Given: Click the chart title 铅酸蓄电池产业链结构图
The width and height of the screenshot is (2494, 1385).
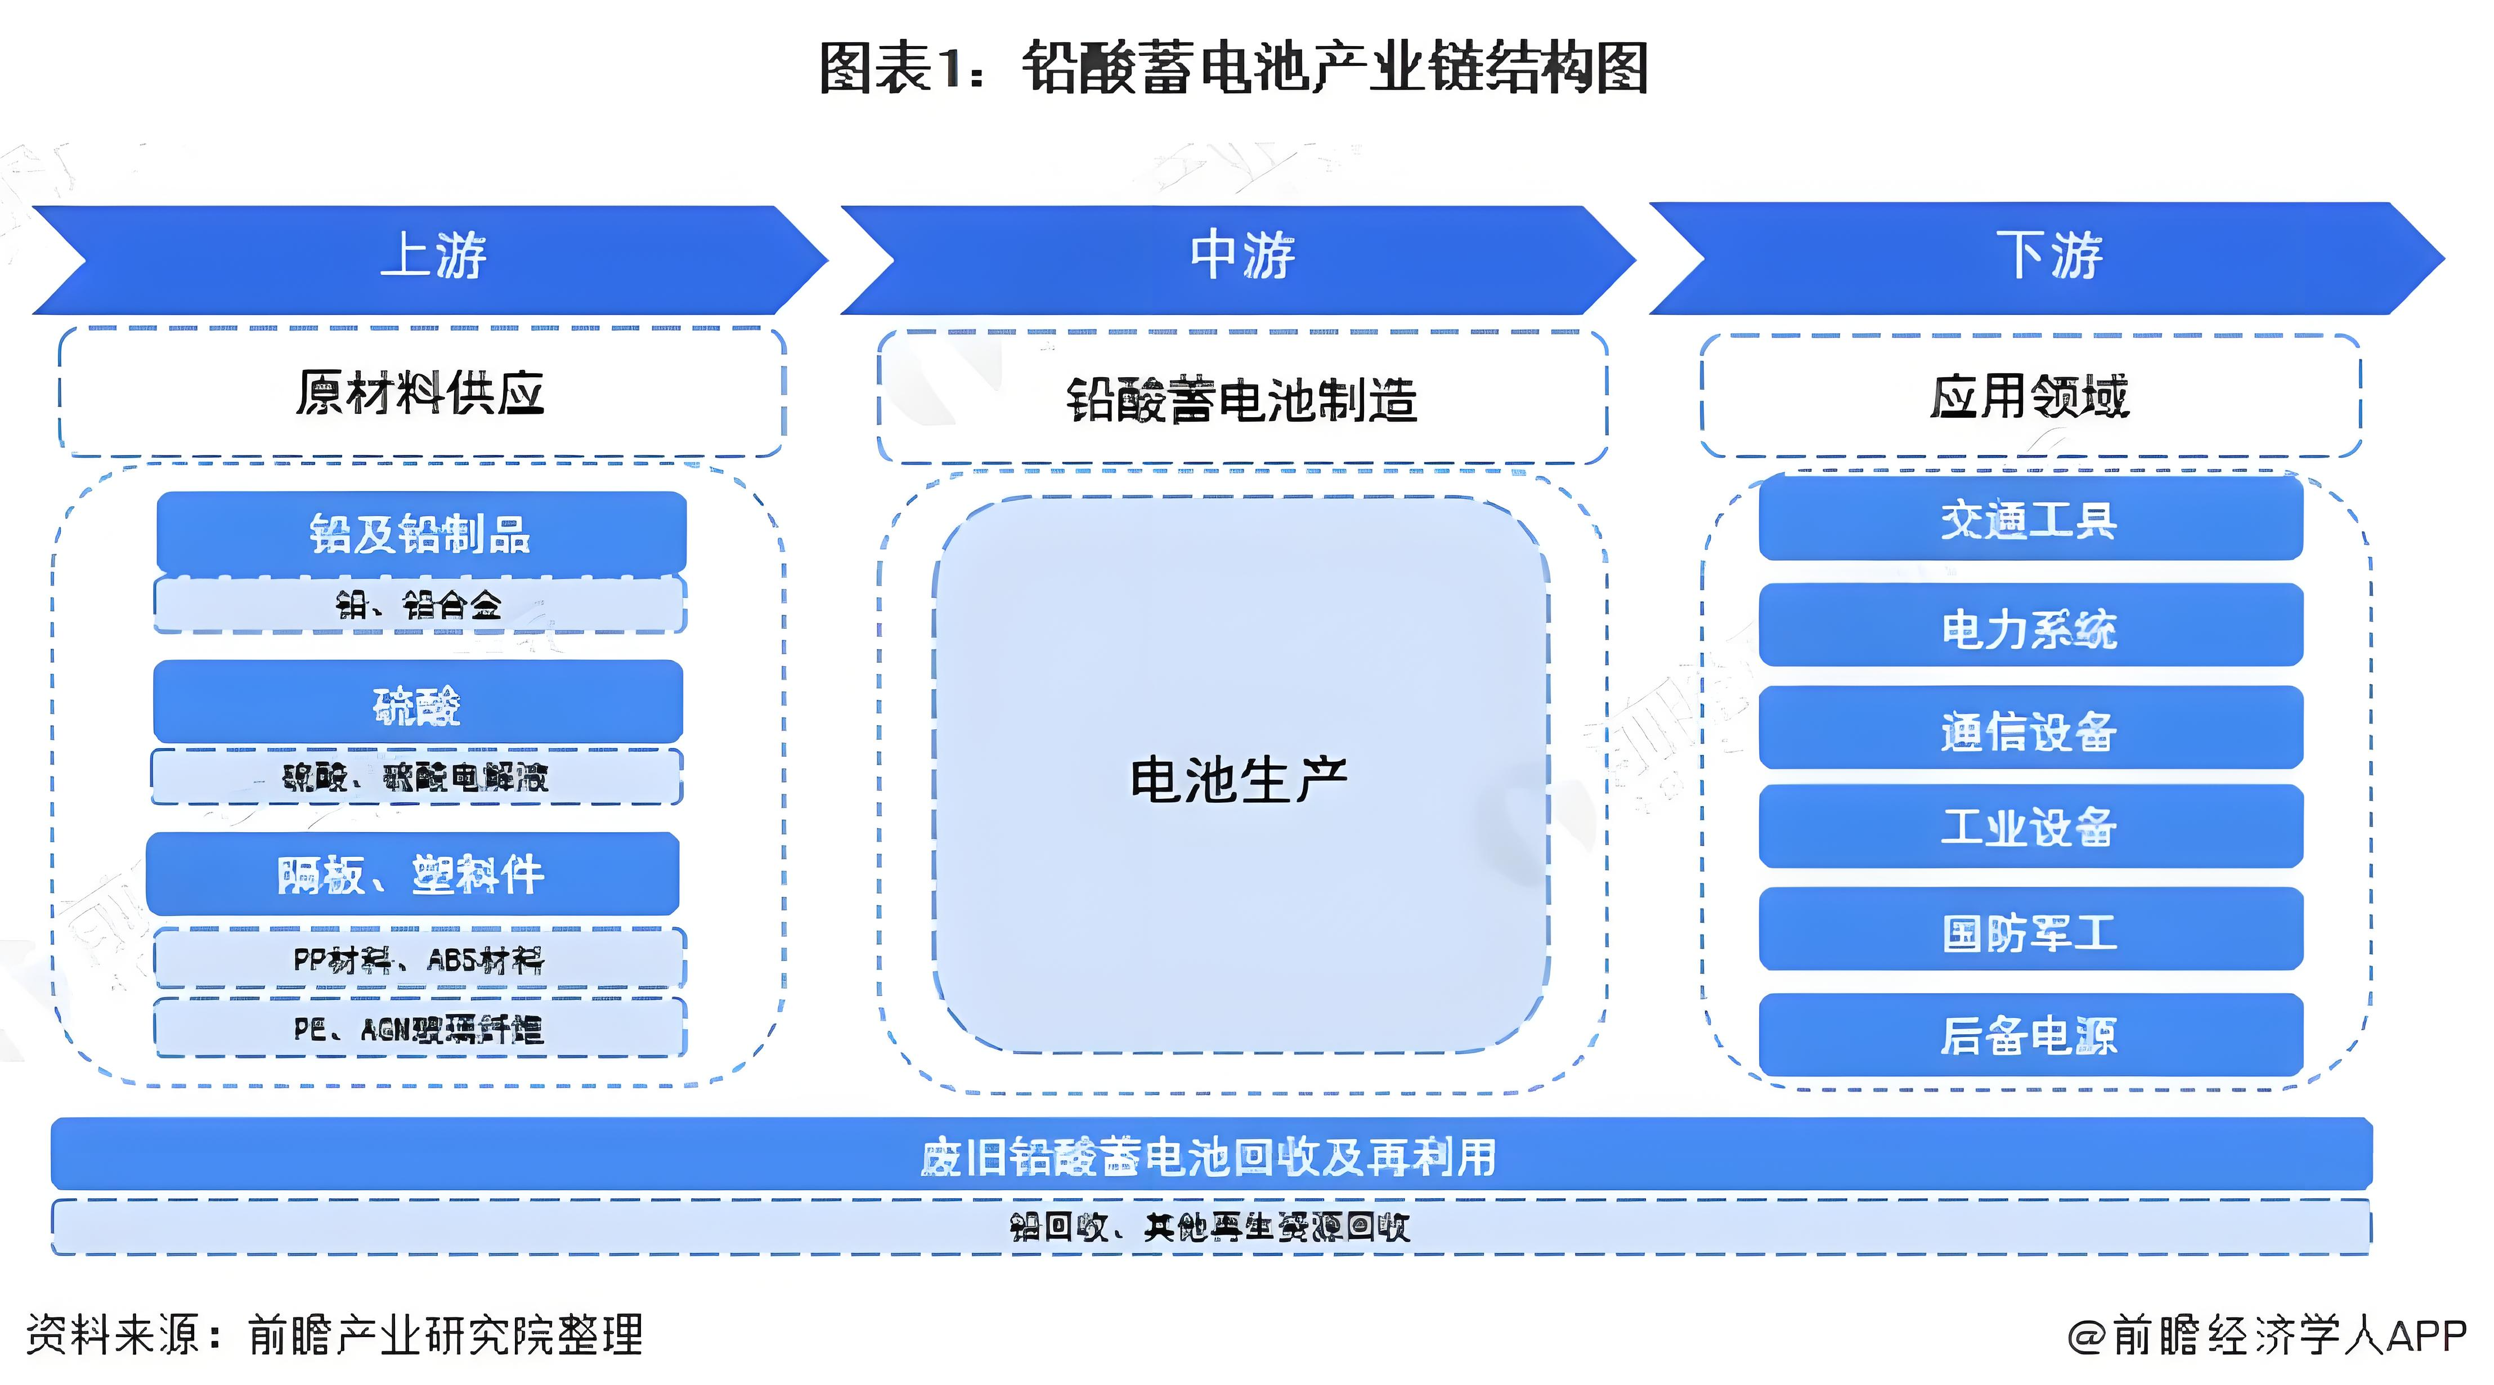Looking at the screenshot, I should click(1235, 68).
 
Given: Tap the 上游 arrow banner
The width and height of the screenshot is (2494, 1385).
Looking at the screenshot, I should click(431, 258).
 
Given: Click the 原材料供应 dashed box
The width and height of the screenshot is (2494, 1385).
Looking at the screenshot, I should click(421, 393).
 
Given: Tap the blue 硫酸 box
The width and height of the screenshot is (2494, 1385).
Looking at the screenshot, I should click(418, 703).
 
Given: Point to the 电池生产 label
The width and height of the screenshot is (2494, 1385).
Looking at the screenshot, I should click(1239, 780).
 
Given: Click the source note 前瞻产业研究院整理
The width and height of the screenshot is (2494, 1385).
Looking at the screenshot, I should click(445, 1335).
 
